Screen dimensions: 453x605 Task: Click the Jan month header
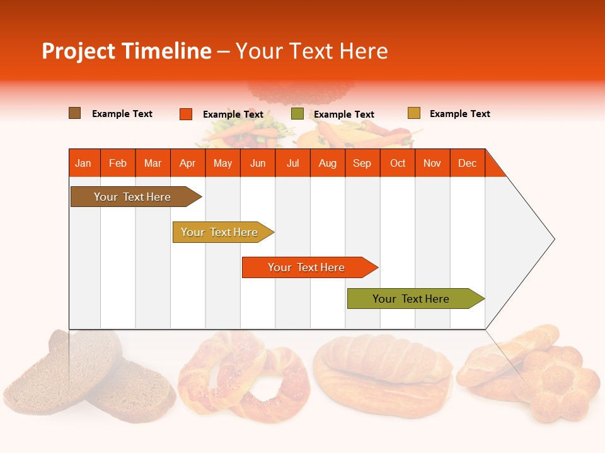click(x=83, y=163)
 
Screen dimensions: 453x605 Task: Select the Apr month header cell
click(x=187, y=163)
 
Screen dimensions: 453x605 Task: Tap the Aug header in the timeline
click(x=327, y=163)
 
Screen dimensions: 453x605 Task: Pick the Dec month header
click(x=467, y=163)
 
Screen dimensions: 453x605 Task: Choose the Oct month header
click(x=398, y=163)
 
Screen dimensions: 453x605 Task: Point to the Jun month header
click(x=257, y=163)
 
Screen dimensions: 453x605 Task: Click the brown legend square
click(x=74, y=113)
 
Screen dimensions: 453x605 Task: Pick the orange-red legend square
click(x=185, y=114)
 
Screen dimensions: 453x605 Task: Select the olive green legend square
click(x=297, y=114)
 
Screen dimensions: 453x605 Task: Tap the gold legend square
click(x=413, y=113)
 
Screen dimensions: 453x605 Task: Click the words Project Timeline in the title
click(x=126, y=51)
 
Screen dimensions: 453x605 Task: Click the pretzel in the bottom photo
click(x=243, y=377)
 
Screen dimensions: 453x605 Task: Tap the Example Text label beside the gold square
click(x=459, y=114)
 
